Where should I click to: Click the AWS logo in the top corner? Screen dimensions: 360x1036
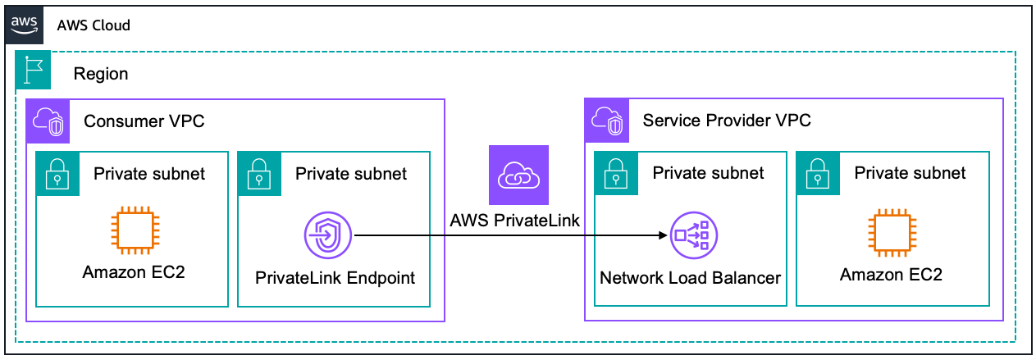(24, 24)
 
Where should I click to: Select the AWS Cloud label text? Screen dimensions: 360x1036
(94, 25)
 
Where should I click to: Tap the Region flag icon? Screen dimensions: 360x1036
(34, 71)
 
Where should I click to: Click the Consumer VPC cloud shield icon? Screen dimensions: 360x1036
(43, 121)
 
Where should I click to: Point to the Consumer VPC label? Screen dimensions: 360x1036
(144, 121)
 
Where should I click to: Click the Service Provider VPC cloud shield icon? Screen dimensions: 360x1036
(603, 121)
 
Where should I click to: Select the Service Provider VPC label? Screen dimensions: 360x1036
(727, 121)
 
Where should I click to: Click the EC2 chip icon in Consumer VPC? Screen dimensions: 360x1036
(134, 230)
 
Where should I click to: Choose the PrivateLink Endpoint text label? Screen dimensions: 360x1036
(335, 278)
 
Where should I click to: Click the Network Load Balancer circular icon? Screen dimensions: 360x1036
(693, 235)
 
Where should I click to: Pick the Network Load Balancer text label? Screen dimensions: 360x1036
(690, 278)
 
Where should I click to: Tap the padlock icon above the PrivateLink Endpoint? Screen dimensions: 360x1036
(259, 173)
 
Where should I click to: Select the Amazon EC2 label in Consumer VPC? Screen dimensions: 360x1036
(134, 272)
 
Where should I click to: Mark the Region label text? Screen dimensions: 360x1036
(101, 74)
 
